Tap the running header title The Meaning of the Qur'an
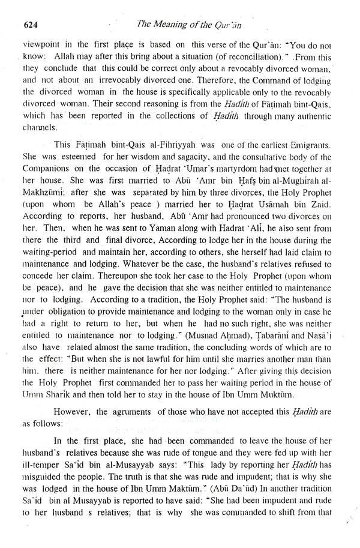205,24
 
